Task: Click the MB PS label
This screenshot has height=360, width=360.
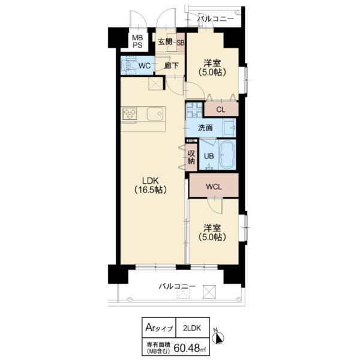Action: pyautogui.click(x=137, y=41)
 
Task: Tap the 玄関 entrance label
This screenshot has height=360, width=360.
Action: pyautogui.click(x=165, y=42)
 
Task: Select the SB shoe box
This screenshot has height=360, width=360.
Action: pyautogui.click(x=181, y=43)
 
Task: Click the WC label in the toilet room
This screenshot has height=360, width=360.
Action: pyautogui.click(x=145, y=66)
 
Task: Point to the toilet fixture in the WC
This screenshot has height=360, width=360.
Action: pyautogui.click(x=129, y=65)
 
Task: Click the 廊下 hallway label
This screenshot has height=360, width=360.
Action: pyautogui.click(x=171, y=66)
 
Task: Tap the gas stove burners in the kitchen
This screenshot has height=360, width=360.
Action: pyautogui.click(x=130, y=113)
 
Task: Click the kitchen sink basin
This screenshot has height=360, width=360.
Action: pyautogui.click(x=155, y=113)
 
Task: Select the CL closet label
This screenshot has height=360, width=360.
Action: pyautogui.click(x=221, y=110)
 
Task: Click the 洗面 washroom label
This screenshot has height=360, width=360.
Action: pyautogui.click(x=205, y=128)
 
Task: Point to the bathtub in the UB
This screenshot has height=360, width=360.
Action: pyautogui.click(x=227, y=155)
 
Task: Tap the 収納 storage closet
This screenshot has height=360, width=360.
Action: pyautogui.click(x=191, y=157)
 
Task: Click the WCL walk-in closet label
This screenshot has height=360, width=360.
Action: pyautogui.click(x=214, y=187)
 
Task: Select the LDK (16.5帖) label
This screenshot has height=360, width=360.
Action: pyautogui.click(x=151, y=185)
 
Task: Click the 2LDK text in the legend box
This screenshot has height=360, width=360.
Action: pyautogui.click(x=192, y=328)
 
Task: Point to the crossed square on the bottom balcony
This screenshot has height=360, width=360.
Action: pyautogui.click(x=209, y=292)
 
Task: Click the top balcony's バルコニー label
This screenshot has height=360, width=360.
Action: pyautogui.click(x=215, y=19)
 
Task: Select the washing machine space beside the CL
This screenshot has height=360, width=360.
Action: pyautogui.click(x=194, y=110)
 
